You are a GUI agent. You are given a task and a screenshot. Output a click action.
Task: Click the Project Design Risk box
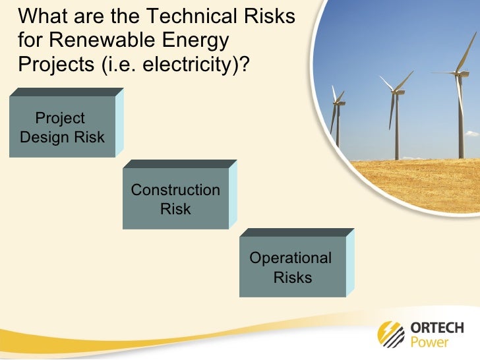[63, 127]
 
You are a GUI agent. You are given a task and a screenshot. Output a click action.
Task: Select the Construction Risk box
[175, 199]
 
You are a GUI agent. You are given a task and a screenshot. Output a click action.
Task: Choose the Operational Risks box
[292, 267]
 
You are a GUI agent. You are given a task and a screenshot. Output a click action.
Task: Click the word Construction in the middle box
[175, 190]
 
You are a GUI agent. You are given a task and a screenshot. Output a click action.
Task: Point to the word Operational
[291, 258]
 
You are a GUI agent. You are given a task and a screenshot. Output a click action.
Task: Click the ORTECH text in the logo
[436, 328]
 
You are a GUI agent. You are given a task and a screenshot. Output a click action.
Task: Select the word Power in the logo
[429, 342]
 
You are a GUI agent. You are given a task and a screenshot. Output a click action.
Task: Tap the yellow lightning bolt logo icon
[391, 334]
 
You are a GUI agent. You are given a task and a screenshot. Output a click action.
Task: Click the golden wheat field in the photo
[422, 178]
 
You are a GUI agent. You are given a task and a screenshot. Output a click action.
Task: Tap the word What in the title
[40, 16]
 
